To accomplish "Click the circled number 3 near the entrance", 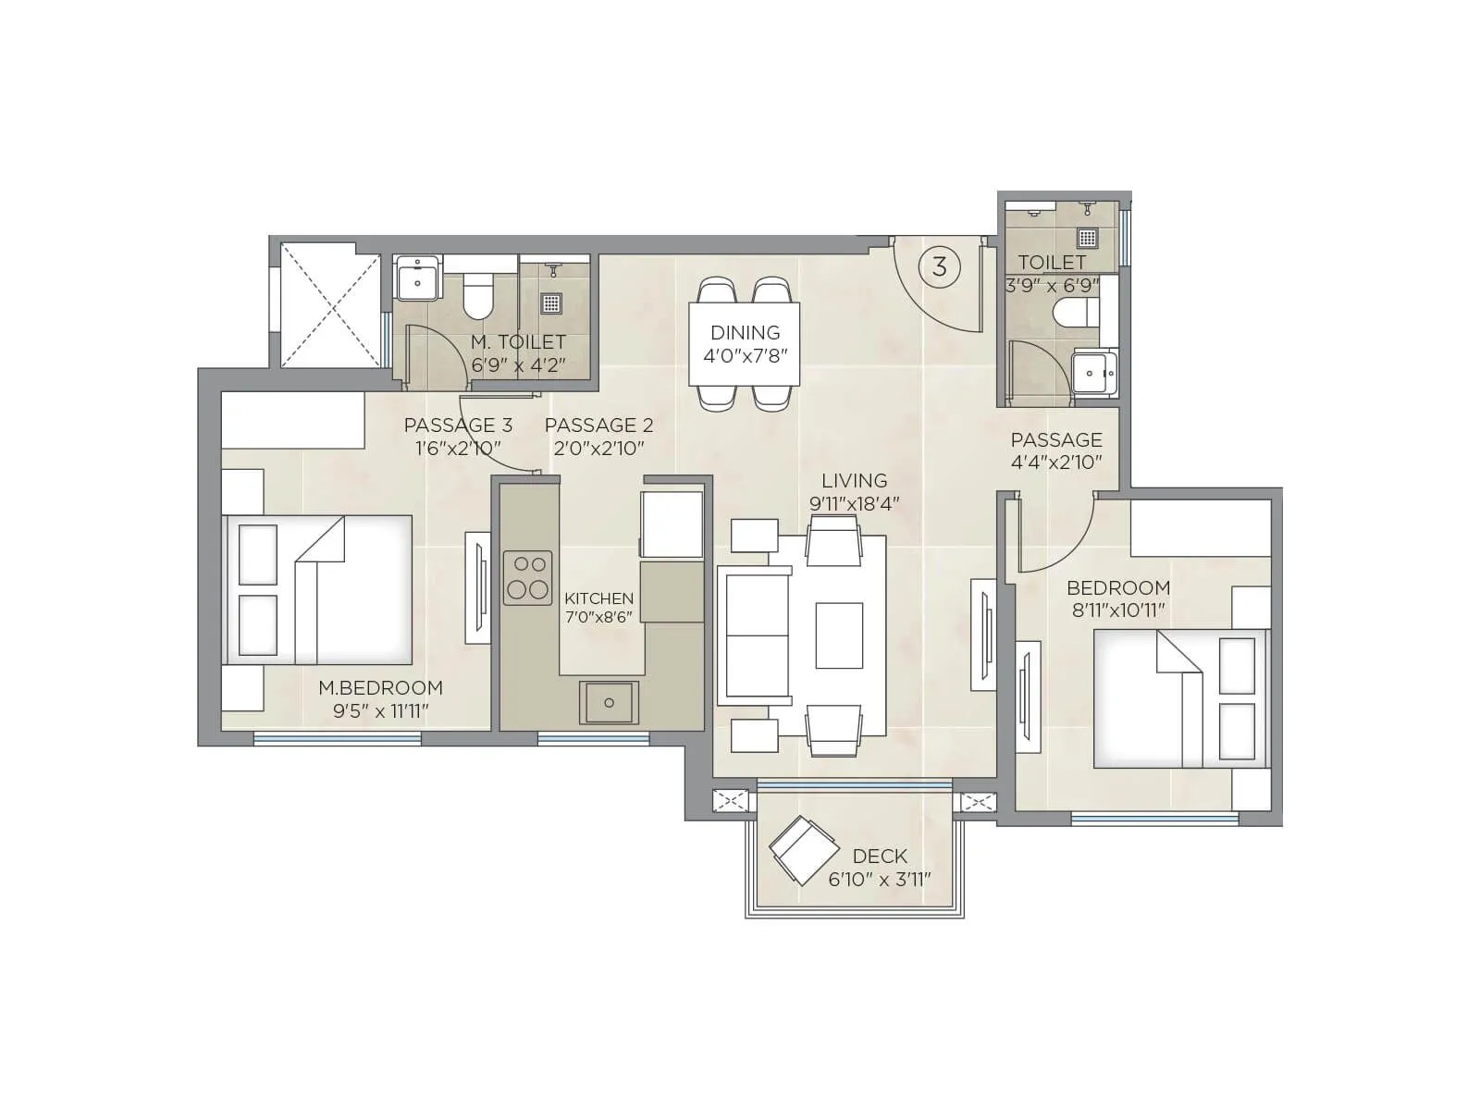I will click(x=939, y=267).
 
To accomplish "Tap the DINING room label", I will click(x=745, y=333).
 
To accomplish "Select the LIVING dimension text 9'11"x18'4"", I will click(x=854, y=503).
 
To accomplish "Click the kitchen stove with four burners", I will click(x=527, y=577).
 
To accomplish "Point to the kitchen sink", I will click(x=609, y=702).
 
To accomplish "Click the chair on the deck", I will click(x=802, y=850).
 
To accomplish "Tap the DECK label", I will click(x=880, y=856).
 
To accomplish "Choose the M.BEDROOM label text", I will click(x=380, y=687).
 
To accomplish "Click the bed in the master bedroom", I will click(x=319, y=589).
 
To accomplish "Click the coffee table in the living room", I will click(x=839, y=635).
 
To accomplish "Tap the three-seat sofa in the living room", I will click(x=755, y=635).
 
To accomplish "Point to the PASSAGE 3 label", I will click(x=458, y=425).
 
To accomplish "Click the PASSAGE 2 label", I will click(x=598, y=425).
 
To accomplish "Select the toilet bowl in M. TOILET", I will click(x=478, y=293).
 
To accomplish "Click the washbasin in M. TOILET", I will click(x=418, y=278).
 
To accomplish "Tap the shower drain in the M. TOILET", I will click(x=552, y=302).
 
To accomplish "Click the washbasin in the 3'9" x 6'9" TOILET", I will click(x=1094, y=374).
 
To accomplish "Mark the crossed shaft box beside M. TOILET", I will click(x=329, y=304).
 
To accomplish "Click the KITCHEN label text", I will click(x=598, y=598).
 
